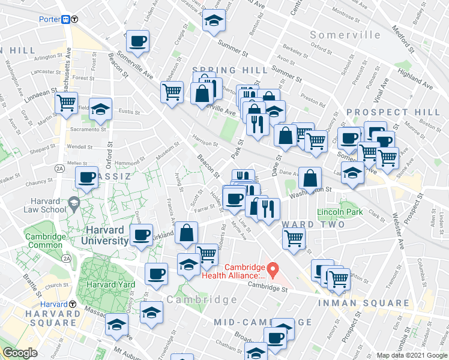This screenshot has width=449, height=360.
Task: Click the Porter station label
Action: (x=49, y=19)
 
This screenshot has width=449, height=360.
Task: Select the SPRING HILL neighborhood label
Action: (x=230, y=71)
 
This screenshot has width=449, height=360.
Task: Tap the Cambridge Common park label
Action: (x=45, y=241)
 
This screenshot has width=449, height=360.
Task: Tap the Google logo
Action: (x=20, y=353)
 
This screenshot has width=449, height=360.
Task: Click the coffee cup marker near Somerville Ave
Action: (x=137, y=41)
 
